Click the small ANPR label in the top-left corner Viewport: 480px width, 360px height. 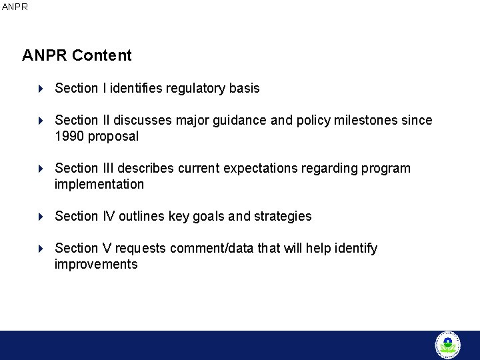click(15, 7)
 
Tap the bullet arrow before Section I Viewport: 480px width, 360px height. click(41, 89)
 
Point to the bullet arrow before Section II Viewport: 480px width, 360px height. click(41, 121)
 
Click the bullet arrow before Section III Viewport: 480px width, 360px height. click(41, 169)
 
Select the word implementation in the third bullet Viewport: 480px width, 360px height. click(99, 185)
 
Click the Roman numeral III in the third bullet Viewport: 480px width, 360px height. click(109, 169)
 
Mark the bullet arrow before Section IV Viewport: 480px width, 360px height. click(41, 217)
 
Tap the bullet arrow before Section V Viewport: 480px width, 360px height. click(41, 249)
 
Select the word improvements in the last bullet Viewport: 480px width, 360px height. click(96, 265)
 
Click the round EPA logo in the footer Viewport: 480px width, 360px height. click(447, 345)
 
